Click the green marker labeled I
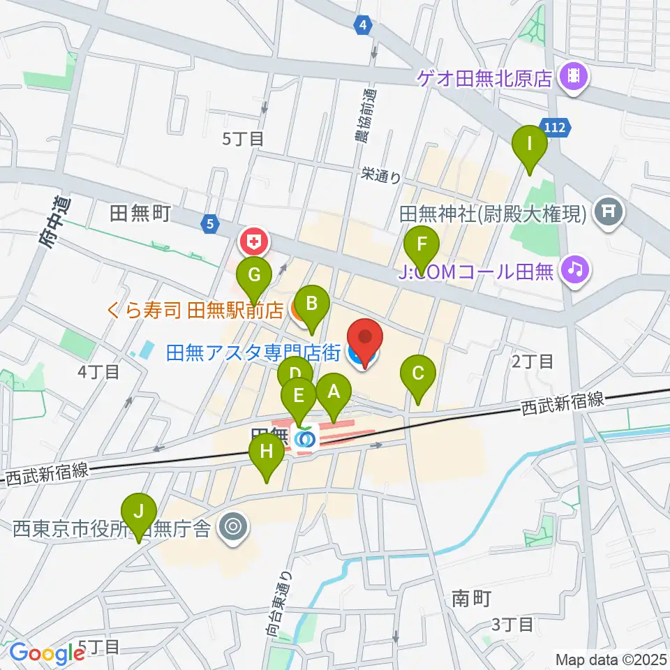point(530,146)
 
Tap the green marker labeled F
point(422,246)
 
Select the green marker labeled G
point(254,274)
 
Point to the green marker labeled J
point(139,512)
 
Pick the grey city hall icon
point(232,526)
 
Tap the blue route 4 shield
point(362,25)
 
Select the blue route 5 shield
point(209,224)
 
